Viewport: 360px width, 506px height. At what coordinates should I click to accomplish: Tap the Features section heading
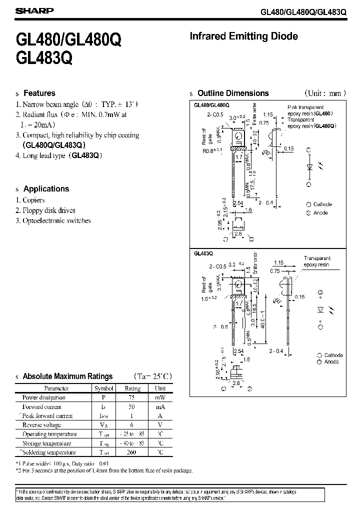[x=39, y=93]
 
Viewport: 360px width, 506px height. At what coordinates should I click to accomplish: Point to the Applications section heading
[x=46, y=189]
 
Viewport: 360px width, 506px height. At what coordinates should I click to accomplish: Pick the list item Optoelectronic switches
[x=56, y=220]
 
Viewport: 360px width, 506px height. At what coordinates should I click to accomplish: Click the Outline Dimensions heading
[x=233, y=93]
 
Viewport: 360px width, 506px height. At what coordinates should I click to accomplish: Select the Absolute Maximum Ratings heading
[x=68, y=376]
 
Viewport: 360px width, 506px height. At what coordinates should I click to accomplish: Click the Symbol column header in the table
[x=104, y=388]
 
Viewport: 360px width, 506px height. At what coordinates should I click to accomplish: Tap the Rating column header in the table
[x=132, y=388]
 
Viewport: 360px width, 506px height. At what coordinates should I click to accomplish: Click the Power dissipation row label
[x=44, y=397]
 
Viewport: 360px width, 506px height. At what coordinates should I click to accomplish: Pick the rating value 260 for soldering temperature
[x=132, y=452]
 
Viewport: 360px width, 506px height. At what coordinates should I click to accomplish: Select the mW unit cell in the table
[x=160, y=397]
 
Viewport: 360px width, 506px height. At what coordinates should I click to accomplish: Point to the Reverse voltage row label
[x=42, y=425]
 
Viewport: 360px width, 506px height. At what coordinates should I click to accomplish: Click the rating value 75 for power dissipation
[x=132, y=397]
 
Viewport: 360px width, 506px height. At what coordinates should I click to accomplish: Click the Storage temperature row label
[x=46, y=443]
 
